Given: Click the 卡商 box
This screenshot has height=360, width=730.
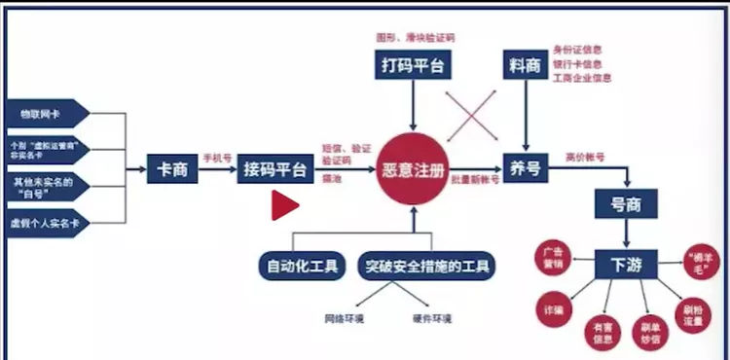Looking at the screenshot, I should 173,168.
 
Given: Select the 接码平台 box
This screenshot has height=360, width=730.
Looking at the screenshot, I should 275,169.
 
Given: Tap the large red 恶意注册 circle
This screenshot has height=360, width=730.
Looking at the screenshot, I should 413,169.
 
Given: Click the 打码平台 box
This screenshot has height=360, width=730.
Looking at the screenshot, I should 413,66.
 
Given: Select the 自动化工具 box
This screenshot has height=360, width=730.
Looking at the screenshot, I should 302,265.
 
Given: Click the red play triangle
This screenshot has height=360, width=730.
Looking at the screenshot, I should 284,205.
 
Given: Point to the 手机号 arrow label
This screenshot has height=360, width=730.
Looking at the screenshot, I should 214,159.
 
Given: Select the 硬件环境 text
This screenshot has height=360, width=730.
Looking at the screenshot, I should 432,318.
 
